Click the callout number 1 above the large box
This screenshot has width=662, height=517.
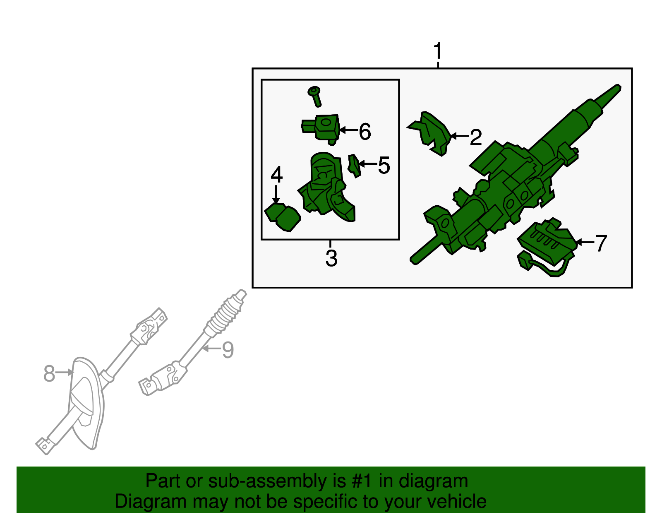[438, 51]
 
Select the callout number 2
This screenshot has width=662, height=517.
[476, 137]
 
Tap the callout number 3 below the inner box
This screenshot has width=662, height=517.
[331, 258]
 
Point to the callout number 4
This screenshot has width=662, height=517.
[277, 174]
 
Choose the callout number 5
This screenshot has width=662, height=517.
[384, 166]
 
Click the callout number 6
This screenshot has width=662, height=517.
[365, 132]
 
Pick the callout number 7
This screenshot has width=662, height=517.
[601, 243]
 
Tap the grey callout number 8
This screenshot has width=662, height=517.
[49, 373]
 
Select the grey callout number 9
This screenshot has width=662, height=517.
[228, 350]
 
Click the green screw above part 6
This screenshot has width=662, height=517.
[315, 96]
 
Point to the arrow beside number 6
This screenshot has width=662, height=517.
[349, 130]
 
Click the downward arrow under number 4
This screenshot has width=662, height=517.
[276, 194]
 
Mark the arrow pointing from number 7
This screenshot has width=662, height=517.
[585, 242]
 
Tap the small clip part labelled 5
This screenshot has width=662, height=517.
[354, 166]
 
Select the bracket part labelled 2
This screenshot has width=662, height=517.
[429, 133]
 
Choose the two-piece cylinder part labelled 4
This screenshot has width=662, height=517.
[283, 217]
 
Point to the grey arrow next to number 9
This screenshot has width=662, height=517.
[212, 348]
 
